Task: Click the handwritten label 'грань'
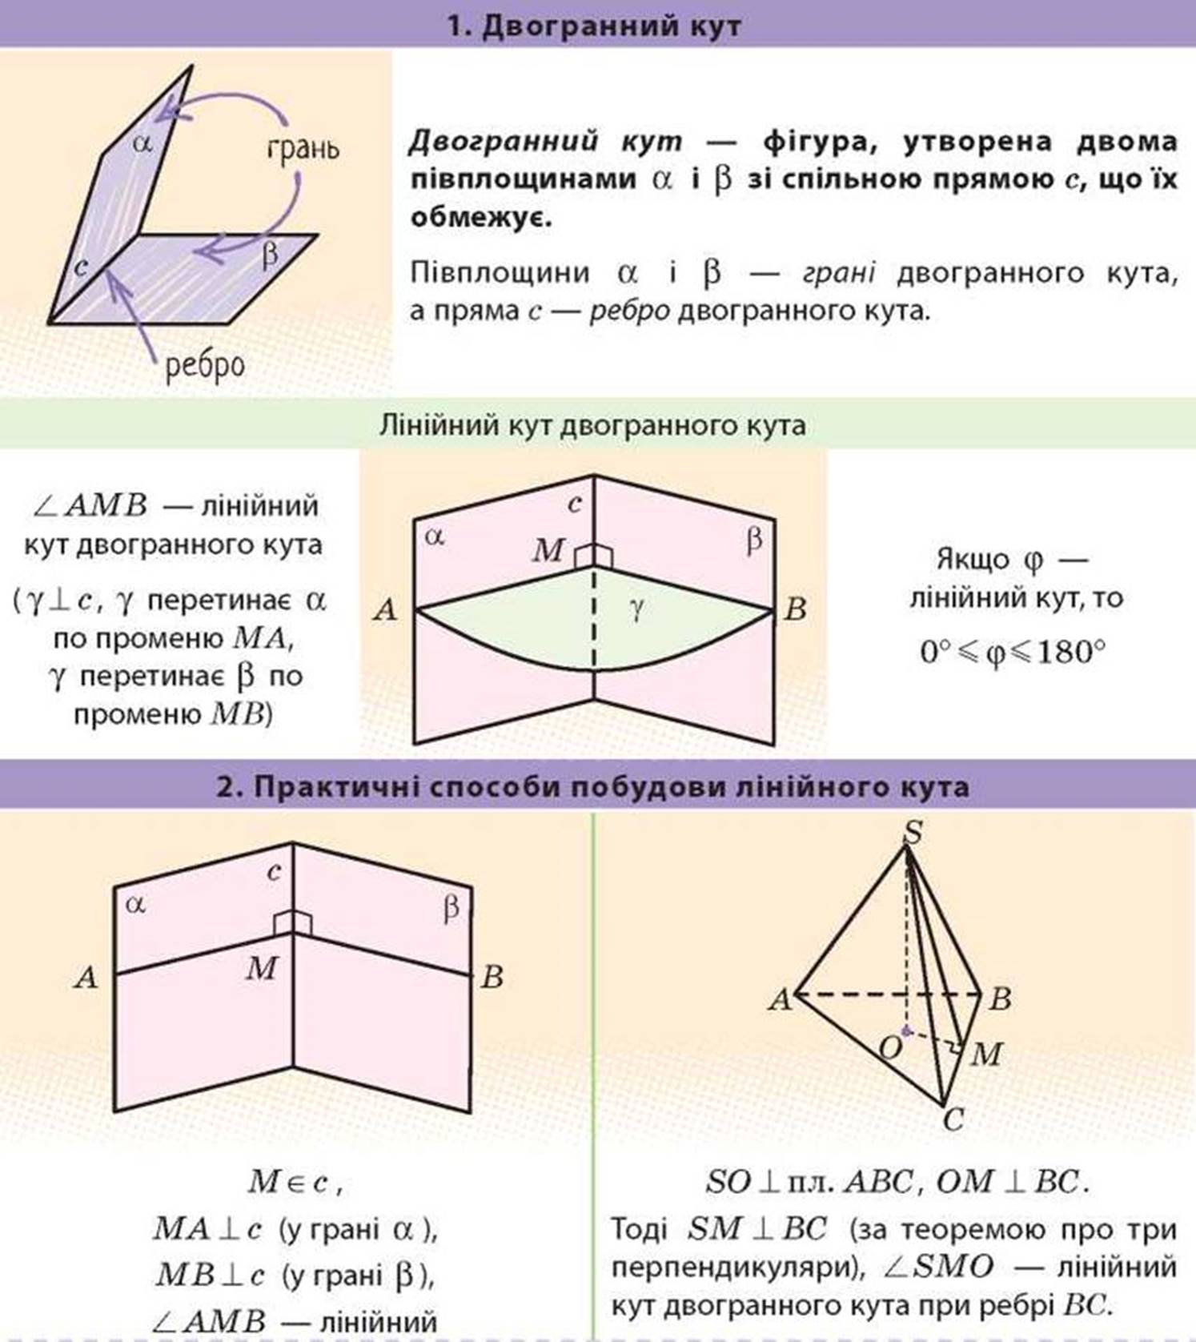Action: [x=303, y=149]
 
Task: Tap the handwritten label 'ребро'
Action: [x=204, y=366]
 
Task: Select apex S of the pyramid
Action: [x=912, y=833]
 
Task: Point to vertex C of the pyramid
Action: [x=953, y=1119]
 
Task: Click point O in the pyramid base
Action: [x=890, y=1047]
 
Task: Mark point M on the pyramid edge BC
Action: [x=985, y=1054]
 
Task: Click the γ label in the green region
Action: [x=636, y=610]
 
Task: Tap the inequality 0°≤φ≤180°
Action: [x=1013, y=653]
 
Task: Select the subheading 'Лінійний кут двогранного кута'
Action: [x=592, y=424]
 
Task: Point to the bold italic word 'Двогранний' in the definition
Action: [x=504, y=142]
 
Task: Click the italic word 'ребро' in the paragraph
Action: [x=629, y=311]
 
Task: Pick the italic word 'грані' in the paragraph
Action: [x=838, y=273]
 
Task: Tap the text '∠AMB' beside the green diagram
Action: [x=90, y=506]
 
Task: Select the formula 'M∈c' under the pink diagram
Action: [x=288, y=1182]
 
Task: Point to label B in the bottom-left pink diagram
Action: [x=492, y=977]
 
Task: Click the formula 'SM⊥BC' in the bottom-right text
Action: [x=757, y=1228]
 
